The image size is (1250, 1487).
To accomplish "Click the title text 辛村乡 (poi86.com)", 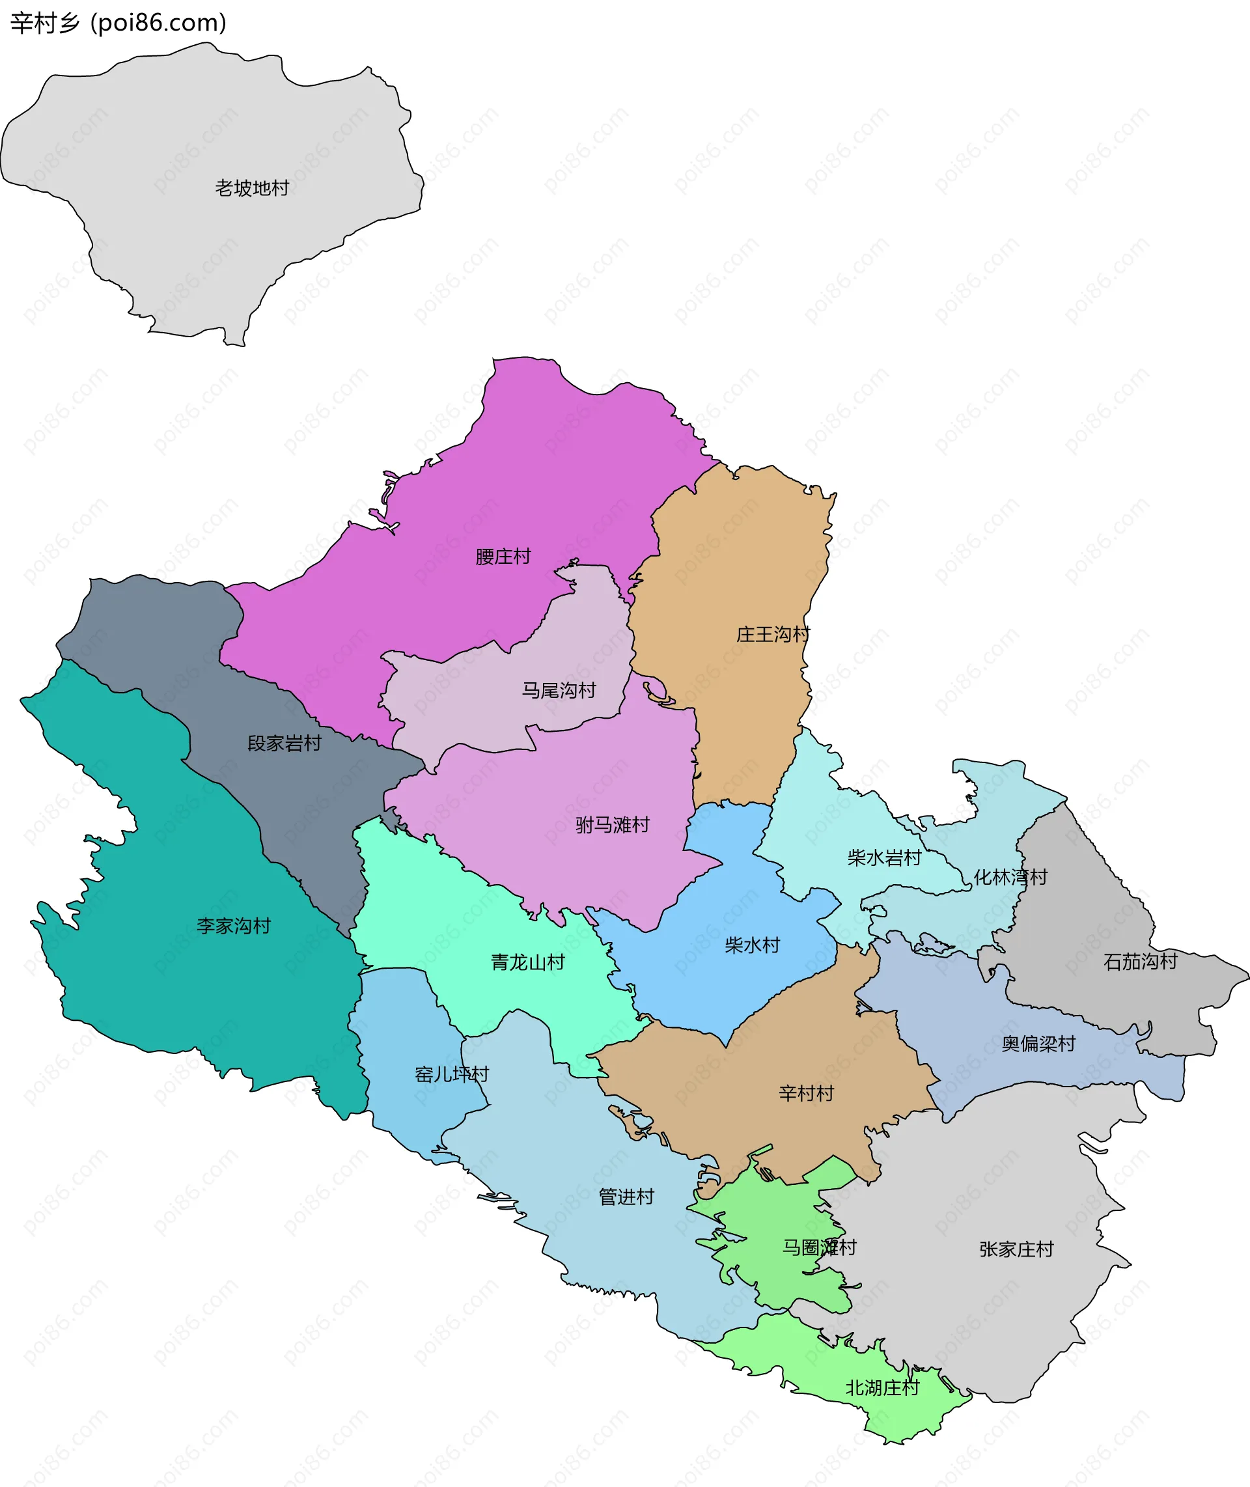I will (x=118, y=23).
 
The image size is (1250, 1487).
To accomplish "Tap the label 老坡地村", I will (x=252, y=188).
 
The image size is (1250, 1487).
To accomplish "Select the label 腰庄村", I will (x=503, y=557).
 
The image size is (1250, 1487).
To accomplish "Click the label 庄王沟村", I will (x=773, y=634).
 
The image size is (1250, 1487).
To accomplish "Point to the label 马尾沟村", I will (x=559, y=690).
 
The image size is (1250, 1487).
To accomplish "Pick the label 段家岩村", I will (x=284, y=743).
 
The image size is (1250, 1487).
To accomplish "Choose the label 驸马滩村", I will (x=612, y=825).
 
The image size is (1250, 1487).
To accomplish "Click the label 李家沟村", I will (x=234, y=926).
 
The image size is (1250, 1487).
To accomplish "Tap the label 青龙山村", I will (x=528, y=962).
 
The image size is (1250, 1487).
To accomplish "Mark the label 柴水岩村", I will (x=884, y=858).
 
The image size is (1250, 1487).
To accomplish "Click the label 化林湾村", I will (x=1010, y=877).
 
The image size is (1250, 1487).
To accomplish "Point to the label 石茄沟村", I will (x=1140, y=962).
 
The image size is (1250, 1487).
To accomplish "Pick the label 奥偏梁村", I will (x=1038, y=1044).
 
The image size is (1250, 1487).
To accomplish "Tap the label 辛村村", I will (x=807, y=1093).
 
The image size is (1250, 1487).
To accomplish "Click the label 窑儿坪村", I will (x=452, y=1074).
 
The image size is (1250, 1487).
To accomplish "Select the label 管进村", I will (x=626, y=1197).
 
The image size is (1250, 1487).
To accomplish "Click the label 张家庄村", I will (x=1017, y=1249).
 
